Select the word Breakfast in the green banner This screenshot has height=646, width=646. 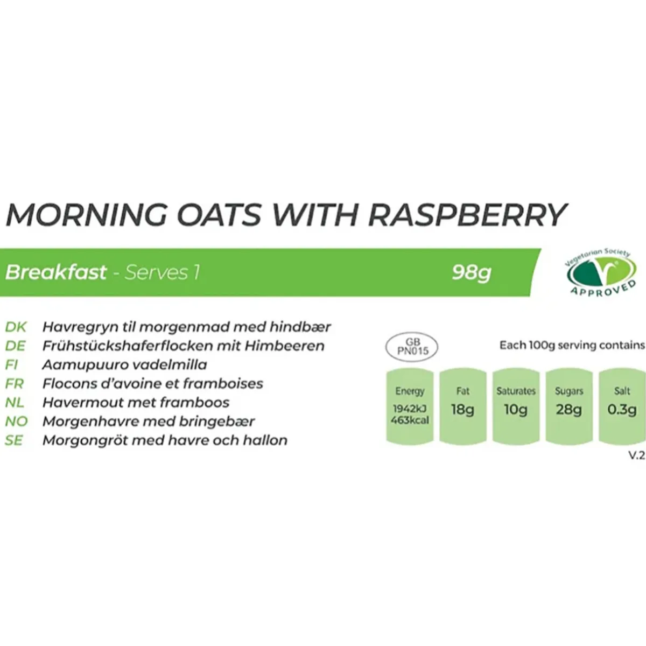coord(56,272)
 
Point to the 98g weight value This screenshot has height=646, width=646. coord(472,273)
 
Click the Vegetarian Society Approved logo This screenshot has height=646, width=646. coord(601,272)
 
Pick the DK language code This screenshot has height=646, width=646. coord(16,327)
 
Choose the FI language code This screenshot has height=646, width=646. coord(12,364)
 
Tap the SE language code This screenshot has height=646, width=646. coord(14,440)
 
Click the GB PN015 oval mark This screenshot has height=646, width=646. coord(412,346)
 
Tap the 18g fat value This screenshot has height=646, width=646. coord(462,409)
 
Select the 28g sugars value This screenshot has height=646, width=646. coord(568,409)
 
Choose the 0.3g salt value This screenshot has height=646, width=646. coord(622,409)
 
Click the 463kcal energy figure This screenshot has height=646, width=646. coord(410,420)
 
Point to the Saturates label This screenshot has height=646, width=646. coord(516,391)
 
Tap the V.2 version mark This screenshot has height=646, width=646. coord(637,455)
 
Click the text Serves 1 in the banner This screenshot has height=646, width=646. coord(162,272)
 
